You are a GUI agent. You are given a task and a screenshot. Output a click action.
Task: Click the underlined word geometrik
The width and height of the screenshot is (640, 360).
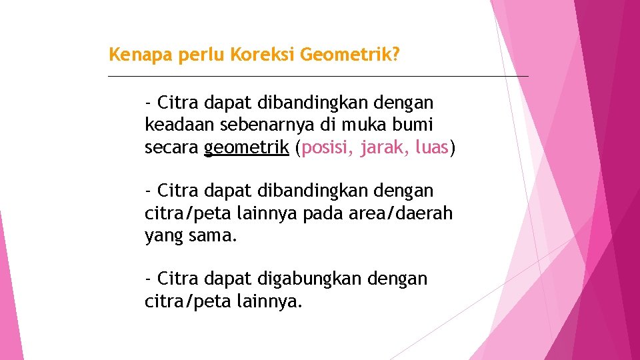247,147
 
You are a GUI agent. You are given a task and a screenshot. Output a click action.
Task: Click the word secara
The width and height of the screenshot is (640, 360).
171,147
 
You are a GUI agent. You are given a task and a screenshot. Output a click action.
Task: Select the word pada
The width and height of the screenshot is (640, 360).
329,213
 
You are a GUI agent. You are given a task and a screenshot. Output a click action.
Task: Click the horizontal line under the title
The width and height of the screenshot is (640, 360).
318,76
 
